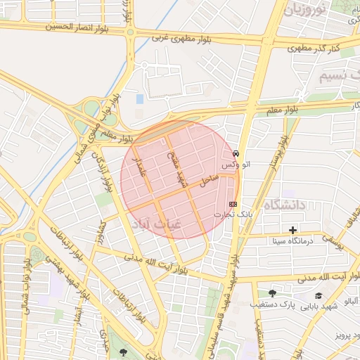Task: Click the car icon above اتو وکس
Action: tap(236, 153)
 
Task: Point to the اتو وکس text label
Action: tap(236, 164)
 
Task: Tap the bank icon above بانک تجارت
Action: tap(233, 203)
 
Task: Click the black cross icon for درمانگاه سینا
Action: tap(292, 230)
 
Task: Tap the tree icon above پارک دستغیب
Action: tap(272, 294)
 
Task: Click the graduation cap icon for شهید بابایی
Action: tap(319, 296)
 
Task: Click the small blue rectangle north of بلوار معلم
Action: tap(139, 99)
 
